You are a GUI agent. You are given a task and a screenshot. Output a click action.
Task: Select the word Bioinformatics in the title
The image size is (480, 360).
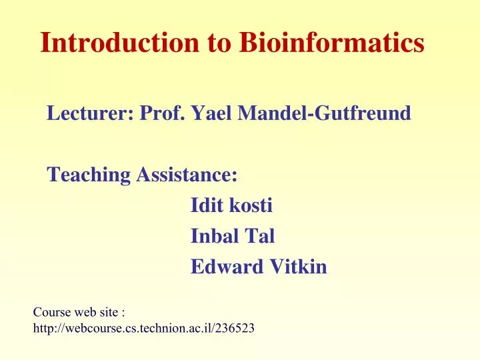pyautogui.click(x=331, y=43)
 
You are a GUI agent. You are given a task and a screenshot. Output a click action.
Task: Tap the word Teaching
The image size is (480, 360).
pyautogui.click(x=89, y=175)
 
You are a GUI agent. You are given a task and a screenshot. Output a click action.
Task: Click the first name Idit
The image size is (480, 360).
pyautogui.click(x=207, y=206)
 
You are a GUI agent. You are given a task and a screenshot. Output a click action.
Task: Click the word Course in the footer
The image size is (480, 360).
pyautogui.click(x=49, y=311)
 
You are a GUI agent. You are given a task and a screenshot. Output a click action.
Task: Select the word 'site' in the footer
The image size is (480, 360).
pyautogui.click(x=107, y=311)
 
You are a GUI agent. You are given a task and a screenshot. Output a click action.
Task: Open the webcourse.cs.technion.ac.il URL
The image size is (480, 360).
pyautogui.click(x=133, y=328)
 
